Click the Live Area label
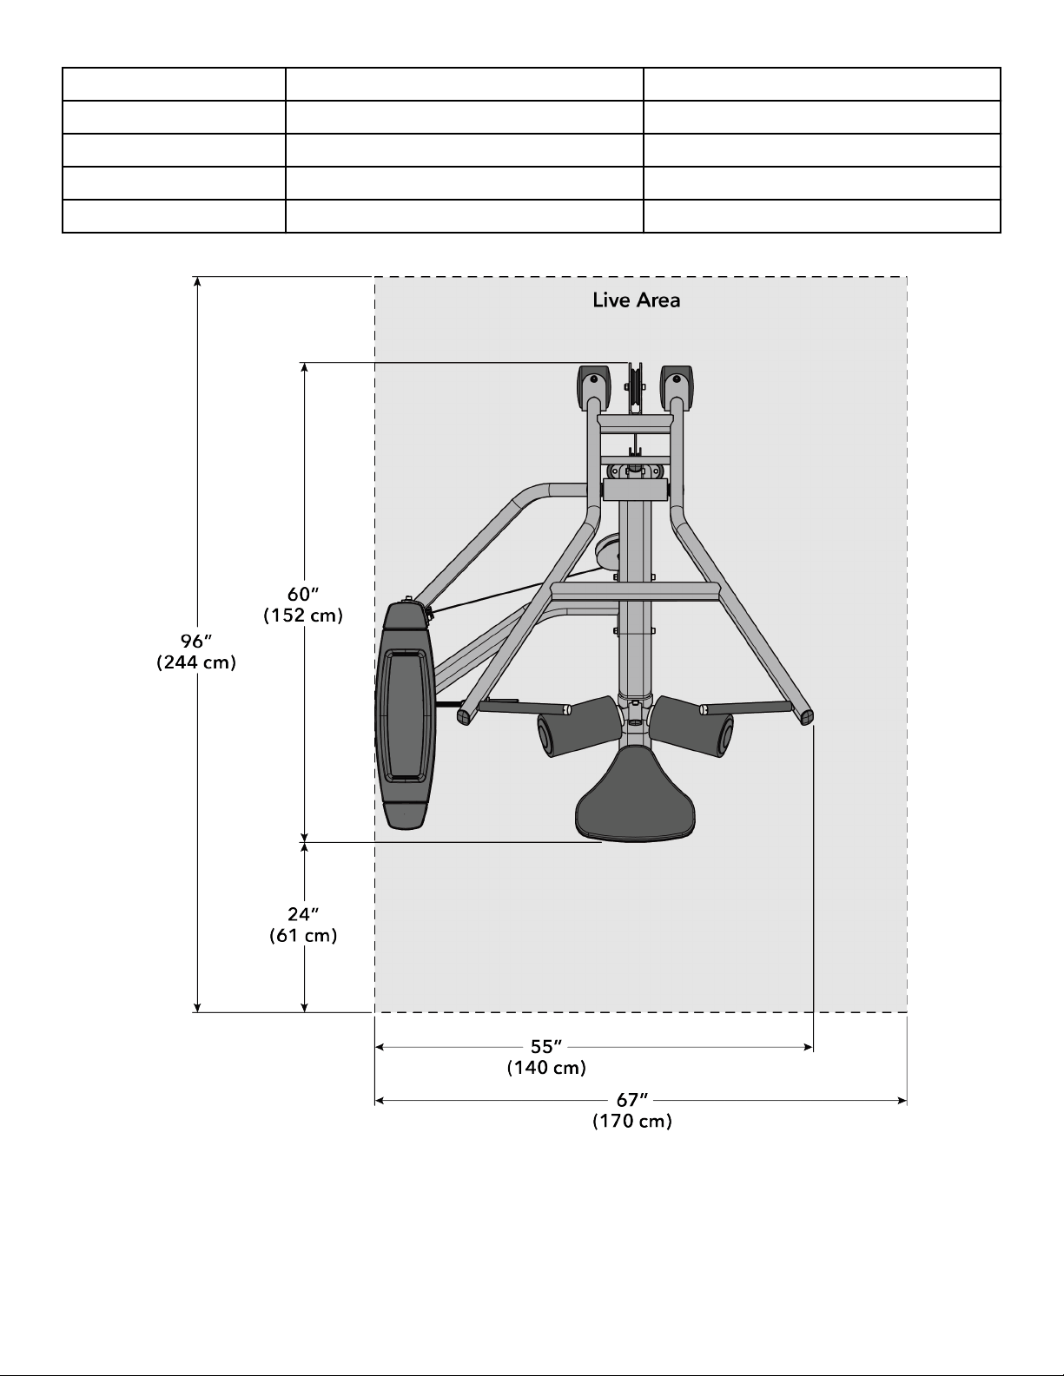point(636,300)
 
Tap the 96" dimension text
point(195,642)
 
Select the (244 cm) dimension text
point(196,662)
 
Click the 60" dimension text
point(303,594)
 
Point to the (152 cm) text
point(303,615)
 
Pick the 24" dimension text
point(303,914)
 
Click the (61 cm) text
point(303,935)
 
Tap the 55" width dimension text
point(546,1047)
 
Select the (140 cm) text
point(546,1068)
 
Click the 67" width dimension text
point(632,1100)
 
